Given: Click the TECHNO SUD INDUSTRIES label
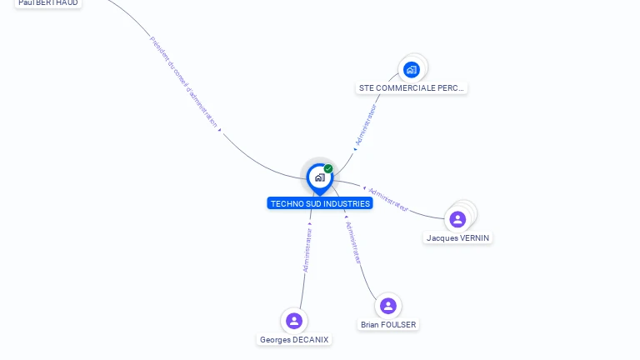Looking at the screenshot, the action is [x=320, y=203].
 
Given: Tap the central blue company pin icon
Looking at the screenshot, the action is [x=319, y=177].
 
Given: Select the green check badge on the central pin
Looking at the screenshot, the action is [x=328, y=169].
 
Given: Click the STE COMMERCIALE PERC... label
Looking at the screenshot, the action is [x=412, y=87].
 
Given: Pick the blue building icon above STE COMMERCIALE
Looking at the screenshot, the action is [x=411, y=69].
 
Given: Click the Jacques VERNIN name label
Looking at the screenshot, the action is [x=458, y=237].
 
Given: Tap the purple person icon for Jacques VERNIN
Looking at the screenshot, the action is [x=457, y=219].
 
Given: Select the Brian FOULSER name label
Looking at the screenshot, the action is [x=388, y=324].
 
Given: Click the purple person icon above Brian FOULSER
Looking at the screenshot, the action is [x=387, y=306].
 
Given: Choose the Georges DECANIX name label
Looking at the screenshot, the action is [x=294, y=339].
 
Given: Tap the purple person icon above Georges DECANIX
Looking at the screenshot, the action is [x=293, y=321].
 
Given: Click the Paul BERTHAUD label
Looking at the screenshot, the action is [x=47, y=3].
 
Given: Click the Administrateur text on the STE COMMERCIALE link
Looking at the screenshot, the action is [x=366, y=125].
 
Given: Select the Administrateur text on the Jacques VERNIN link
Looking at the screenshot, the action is [x=388, y=199].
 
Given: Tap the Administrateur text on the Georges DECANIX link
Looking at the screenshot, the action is [x=307, y=251].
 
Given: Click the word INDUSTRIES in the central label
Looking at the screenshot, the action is [x=347, y=203].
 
